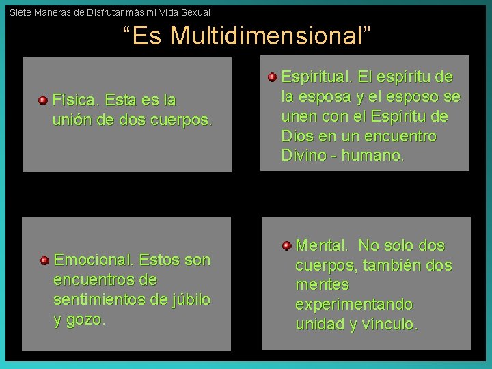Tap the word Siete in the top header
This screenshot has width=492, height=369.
[x=20, y=12]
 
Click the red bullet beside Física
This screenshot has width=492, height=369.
[x=42, y=100]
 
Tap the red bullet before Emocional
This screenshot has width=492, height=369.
[x=44, y=260]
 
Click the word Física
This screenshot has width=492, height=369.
[x=77, y=100]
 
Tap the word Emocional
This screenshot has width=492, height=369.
[x=94, y=260]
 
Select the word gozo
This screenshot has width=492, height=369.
[x=86, y=320]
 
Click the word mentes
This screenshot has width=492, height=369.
[x=322, y=285]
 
